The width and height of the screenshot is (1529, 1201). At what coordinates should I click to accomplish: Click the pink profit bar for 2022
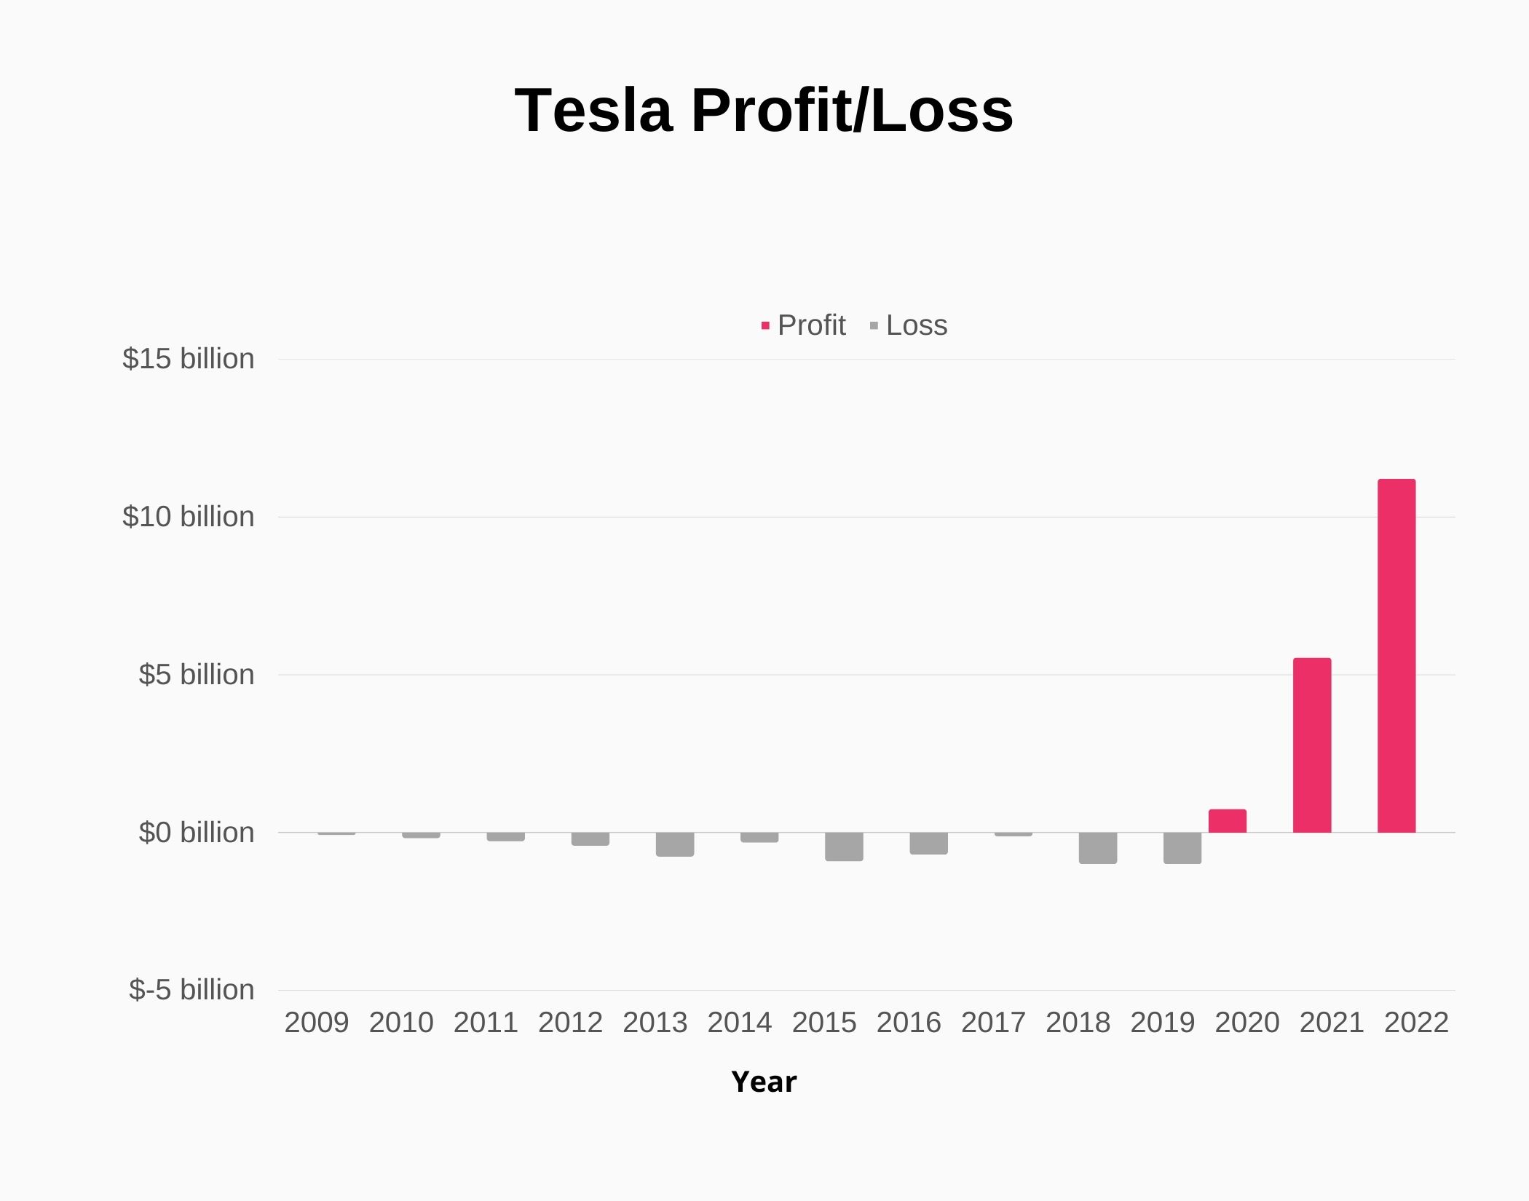click(1396, 655)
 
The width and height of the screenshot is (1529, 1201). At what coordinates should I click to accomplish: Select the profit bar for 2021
click(1312, 745)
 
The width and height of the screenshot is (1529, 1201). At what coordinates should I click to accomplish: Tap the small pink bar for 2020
click(1228, 821)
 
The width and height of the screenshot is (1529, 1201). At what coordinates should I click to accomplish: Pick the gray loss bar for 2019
click(1182, 848)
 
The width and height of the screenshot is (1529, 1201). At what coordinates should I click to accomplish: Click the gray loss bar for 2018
click(1098, 848)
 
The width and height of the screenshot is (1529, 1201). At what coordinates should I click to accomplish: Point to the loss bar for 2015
click(844, 847)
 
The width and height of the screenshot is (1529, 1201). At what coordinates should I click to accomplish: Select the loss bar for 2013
click(675, 844)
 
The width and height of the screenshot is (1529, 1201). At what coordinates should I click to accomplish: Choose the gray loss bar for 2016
click(929, 843)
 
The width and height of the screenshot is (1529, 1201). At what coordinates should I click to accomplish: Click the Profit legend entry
click(804, 325)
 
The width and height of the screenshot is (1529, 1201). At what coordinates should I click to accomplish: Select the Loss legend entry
click(909, 325)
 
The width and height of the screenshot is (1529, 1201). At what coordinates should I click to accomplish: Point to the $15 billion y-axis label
click(189, 359)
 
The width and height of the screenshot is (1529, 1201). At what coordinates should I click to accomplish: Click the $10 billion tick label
click(189, 517)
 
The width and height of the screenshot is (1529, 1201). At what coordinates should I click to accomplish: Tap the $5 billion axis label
click(197, 675)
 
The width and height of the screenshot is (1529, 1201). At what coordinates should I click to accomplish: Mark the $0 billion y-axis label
click(197, 833)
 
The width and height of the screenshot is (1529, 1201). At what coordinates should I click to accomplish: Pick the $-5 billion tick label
click(191, 990)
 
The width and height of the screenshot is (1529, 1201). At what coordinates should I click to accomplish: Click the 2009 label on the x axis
click(317, 1023)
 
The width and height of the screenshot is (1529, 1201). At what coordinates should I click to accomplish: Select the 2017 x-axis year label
click(993, 1023)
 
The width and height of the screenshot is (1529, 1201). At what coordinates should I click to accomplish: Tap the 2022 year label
click(1416, 1023)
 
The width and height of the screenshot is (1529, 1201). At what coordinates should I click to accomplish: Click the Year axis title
click(764, 1082)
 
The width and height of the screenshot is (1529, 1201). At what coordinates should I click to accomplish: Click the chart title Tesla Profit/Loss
click(764, 111)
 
